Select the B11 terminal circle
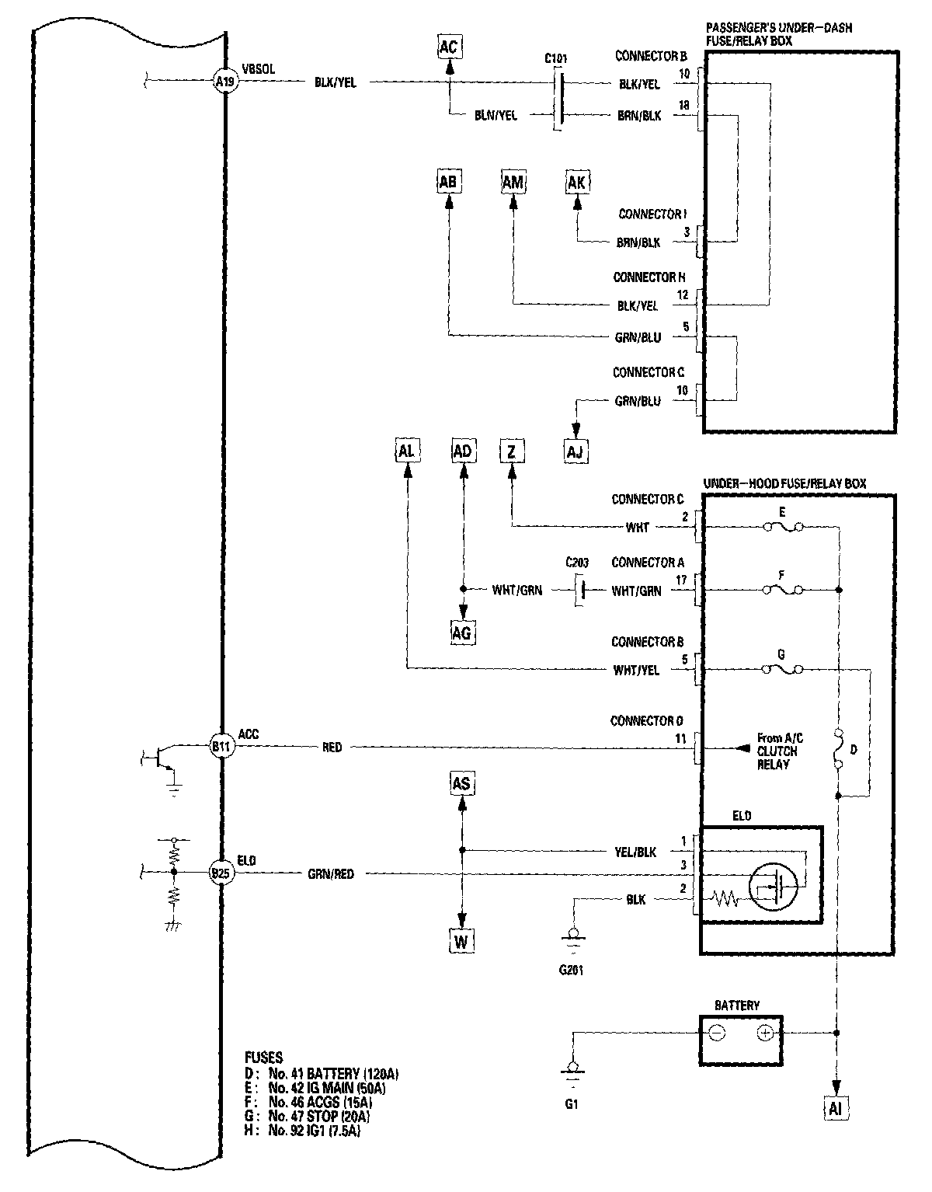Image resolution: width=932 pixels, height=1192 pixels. point(221,747)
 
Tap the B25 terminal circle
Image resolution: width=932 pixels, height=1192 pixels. point(221,873)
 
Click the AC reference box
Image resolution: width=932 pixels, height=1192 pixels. point(448,47)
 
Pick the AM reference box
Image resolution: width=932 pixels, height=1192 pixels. point(513,182)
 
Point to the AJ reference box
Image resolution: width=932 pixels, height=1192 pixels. point(576,451)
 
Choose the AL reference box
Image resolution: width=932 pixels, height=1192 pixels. point(407,451)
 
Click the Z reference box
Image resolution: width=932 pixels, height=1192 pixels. point(512,451)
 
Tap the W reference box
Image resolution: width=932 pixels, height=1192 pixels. point(461,942)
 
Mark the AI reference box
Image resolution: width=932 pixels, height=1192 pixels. point(836,1108)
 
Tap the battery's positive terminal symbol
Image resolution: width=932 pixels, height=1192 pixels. point(765,1033)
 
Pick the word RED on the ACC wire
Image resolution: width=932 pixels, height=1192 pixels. point(332,748)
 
